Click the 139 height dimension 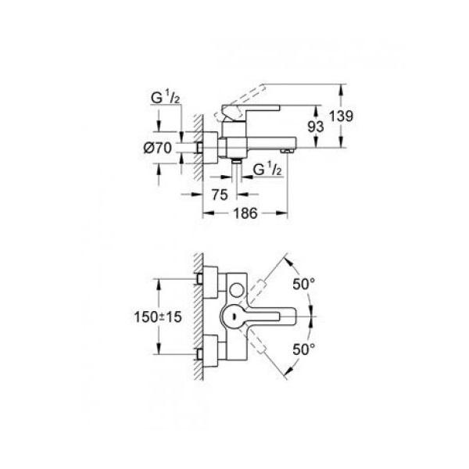[x=341, y=116]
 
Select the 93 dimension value [x=316, y=127]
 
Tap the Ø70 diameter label [x=158, y=148]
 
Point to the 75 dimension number [x=220, y=195]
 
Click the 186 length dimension [x=245, y=213]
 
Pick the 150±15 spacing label [x=158, y=317]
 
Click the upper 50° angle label [x=303, y=285]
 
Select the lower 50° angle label [x=303, y=349]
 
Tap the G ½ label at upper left [x=166, y=98]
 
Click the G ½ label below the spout [x=267, y=170]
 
